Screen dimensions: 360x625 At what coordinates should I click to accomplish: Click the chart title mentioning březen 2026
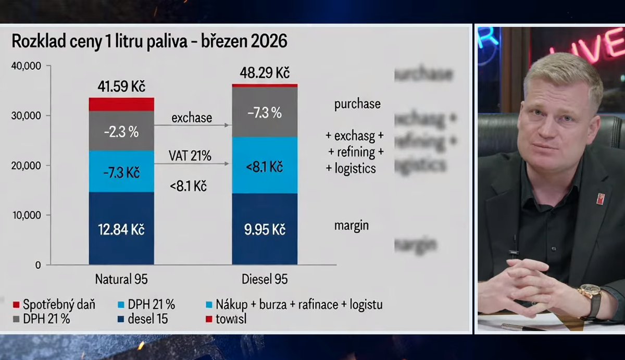tap(149, 41)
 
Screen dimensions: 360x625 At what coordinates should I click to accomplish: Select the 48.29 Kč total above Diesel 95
tap(265, 72)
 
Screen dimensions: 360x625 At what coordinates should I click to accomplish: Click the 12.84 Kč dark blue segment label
tap(121, 230)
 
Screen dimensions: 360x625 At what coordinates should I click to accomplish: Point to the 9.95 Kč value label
tap(265, 230)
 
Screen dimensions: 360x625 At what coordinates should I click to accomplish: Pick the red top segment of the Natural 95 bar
tap(121, 104)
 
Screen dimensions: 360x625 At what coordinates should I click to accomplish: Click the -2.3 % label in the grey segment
tap(121, 132)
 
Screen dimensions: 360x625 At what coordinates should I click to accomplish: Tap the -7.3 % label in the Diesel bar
tap(265, 112)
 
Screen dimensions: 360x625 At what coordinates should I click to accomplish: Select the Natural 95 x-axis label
tap(121, 279)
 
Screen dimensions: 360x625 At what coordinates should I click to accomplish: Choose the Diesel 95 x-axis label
tap(265, 279)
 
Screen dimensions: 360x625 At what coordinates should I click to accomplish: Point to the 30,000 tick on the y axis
tap(27, 116)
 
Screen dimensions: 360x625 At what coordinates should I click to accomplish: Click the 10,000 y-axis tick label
tap(27, 215)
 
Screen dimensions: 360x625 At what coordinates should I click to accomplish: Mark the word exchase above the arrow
tap(191, 118)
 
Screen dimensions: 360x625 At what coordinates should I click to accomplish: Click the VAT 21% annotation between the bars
tap(190, 155)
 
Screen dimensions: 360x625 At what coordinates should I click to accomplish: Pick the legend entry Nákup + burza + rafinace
tap(294, 305)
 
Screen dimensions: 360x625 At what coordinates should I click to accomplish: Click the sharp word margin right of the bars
tap(351, 226)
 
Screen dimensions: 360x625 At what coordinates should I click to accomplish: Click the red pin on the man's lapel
tap(600, 198)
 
